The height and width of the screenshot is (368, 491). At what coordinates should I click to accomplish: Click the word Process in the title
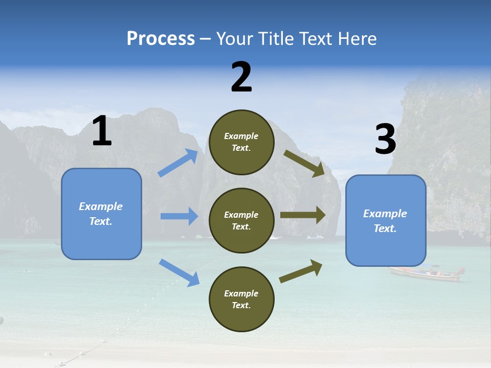[161, 39]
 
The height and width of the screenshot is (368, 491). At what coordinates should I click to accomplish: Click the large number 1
[102, 131]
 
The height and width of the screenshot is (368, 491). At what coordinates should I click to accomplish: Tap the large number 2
[241, 77]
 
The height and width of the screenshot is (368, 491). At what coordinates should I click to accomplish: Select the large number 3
[385, 140]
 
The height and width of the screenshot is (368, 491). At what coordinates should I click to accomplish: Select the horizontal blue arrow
[179, 216]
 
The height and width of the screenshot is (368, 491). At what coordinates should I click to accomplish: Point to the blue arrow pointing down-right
[179, 272]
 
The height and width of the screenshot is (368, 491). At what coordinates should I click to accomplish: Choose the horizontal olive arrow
[303, 215]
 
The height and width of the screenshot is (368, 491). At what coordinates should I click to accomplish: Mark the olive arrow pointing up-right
[301, 271]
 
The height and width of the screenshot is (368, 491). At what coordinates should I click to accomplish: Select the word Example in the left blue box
[101, 206]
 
